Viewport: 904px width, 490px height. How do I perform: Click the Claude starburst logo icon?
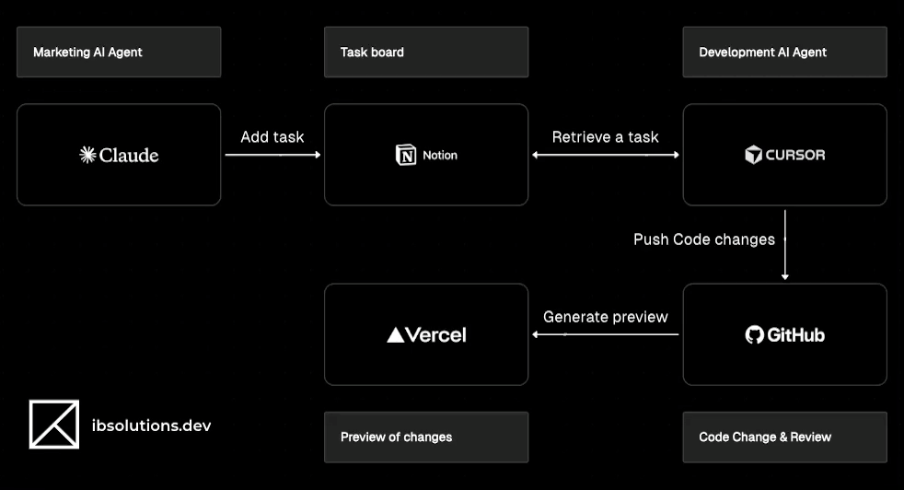pyautogui.click(x=87, y=155)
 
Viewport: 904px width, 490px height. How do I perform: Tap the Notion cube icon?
pyautogui.click(x=405, y=155)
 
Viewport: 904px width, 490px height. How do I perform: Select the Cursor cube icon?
pyautogui.click(x=754, y=155)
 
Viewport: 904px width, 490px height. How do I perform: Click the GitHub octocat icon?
pyautogui.click(x=755, y=334)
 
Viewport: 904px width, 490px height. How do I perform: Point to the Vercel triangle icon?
pyautogui.click(x=396, y=335)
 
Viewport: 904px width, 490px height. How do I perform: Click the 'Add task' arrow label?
pyautogui.click(x=272, y=136)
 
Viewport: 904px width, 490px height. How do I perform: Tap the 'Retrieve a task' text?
pyautogui.click(x=605, y=136)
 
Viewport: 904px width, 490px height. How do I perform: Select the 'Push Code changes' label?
pyautogui.click(x=704, y=239)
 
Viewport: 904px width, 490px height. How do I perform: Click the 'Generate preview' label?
pyautogui.click(x=605, y=316)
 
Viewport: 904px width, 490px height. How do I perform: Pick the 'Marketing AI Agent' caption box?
pyautogui.click(x=119, y=52)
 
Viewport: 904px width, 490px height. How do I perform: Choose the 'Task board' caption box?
pyautogui.click(x=426, y=52)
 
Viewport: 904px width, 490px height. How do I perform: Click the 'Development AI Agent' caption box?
pyautogui.click(x=784, y=52)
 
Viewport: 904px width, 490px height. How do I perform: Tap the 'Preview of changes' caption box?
pyautogui.click(x=426, y=437)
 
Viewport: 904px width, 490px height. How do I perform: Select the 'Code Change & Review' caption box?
pyautogui.click(x=784, y=437)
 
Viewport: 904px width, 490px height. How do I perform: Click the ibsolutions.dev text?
pyautogui.click(x=152, y=425)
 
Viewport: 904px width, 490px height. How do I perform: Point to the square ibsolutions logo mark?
pyautogui.click(x=54, y=425)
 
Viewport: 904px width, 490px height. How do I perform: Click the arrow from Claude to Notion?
pyautogui.click(x=272, y=155)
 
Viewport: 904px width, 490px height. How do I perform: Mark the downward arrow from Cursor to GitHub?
pyautogui.click(x=784, y=244)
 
